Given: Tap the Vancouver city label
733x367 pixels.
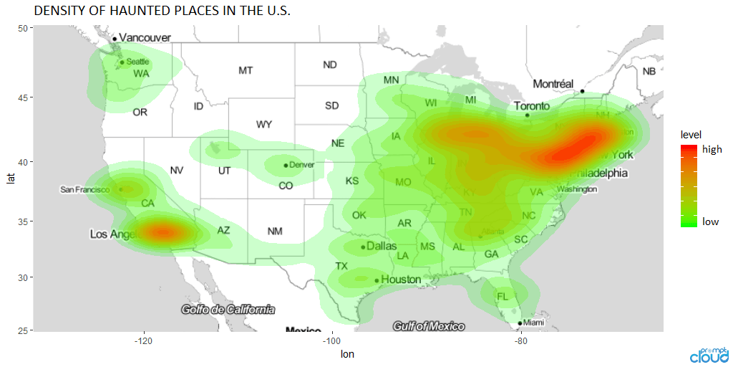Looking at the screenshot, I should coord(145,37).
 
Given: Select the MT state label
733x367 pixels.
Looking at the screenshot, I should coord(246,70).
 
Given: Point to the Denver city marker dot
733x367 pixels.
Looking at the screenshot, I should coord(286,166).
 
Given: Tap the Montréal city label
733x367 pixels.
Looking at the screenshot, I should coord(553,84).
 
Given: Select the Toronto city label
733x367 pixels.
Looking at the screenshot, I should coord(531,106).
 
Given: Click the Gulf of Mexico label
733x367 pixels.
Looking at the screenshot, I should coord(429,326).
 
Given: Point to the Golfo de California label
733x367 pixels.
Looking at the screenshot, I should coord(228,310).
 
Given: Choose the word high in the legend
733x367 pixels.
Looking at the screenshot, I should coord(712,150).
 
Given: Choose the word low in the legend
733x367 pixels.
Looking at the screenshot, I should coord(710,221).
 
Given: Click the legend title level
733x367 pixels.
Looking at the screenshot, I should coord(691,134).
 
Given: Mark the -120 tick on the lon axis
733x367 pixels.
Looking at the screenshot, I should coord(145,340).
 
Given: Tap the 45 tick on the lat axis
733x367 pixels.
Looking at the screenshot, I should coord(22,97).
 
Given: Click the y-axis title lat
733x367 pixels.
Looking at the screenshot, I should coord(9,178).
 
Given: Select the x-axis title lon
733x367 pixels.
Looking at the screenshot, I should coord(347,354).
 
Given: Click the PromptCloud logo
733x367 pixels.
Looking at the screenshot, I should coord(709,353).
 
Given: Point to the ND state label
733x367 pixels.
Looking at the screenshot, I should coord(329,65).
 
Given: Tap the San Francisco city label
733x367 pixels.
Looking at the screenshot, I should coord(84,190).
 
